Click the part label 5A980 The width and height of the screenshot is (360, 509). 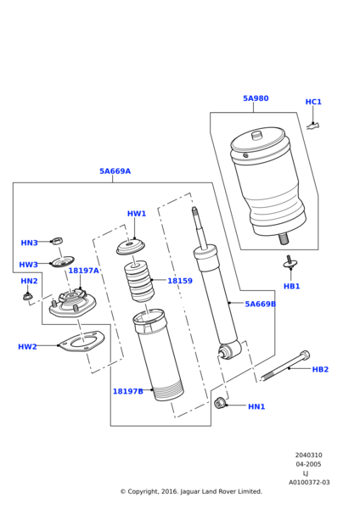click(256, 98)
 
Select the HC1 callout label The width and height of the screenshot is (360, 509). click(313, 102)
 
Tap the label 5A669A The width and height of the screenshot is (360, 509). click(115, 171)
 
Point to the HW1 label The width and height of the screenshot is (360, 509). click(137, 214)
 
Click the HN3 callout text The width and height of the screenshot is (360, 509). click(29, 243)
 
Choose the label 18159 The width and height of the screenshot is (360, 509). click(180, 281)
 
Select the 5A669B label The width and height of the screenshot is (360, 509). click(260, 327)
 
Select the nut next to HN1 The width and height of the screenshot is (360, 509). click(221, 402)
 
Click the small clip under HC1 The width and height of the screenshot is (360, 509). click(312, 126)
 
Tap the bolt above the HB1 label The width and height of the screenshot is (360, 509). click(290, 263)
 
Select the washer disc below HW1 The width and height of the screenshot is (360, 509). click(131, 248)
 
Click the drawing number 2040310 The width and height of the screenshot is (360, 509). click(308, 455)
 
